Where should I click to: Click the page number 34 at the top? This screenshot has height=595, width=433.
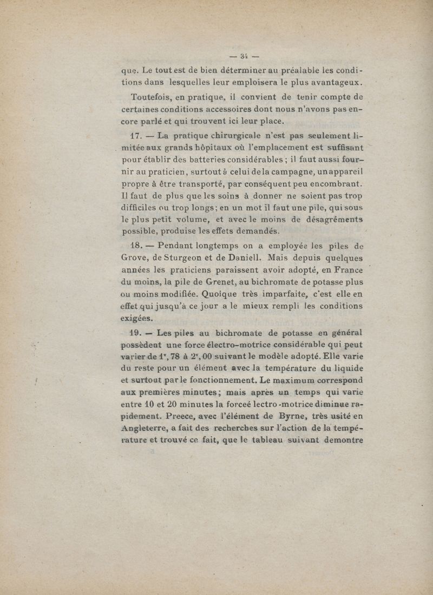pos(244,55)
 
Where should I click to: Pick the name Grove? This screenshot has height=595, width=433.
pos(135,258)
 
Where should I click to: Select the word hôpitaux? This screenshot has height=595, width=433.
pos(205,148)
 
